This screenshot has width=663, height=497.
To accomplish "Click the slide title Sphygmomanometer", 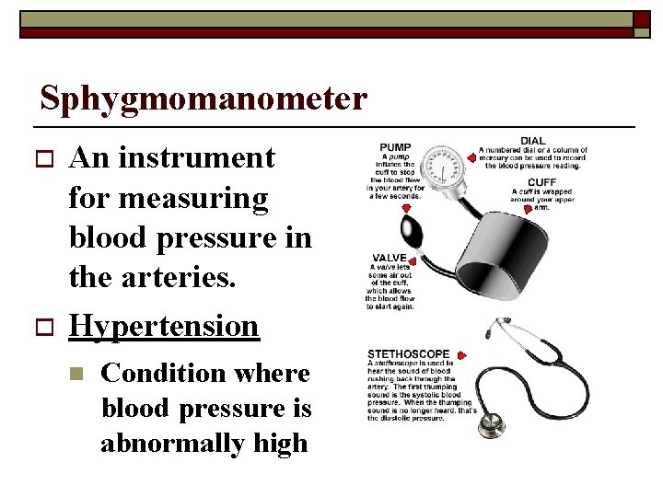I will point(204,98).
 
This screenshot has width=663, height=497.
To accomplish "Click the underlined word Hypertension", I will point(164,325).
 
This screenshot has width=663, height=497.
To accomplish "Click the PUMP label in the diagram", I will point(395,147).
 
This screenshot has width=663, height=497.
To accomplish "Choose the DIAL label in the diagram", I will point(533,141).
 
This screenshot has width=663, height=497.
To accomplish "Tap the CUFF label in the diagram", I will point(541,181).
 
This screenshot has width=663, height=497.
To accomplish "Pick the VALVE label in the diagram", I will point(390,258).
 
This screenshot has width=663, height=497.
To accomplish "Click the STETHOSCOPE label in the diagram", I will point(409,353).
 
